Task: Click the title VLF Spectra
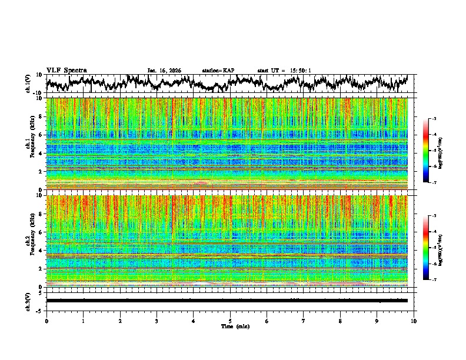click(x=66, y=70)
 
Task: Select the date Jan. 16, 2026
click(x=164, y=71)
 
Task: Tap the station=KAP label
click(x=218, y=71)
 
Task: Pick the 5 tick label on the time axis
click(x=230, y=321)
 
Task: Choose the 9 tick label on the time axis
click(x=377, y=321)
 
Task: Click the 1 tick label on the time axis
click(x=83, y=321)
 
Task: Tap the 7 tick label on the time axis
click(x=304, y=321)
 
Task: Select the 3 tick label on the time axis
click(x=157, y=321)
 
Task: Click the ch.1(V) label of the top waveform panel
click(x=28, y=84)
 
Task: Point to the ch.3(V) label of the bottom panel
click(x=28, y=301)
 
